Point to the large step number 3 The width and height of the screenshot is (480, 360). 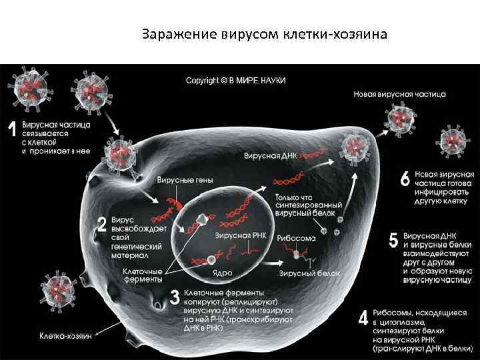coord(175,297)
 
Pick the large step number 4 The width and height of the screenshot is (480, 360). coord(363,317)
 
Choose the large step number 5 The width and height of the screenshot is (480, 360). coord(393,241)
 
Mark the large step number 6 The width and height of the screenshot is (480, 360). coord(405,179)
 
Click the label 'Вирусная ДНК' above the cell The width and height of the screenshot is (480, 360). coord(269,155)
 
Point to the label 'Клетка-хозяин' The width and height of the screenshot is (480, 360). coord(65,335)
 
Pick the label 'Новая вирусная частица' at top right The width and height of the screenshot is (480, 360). coord(399,95)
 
